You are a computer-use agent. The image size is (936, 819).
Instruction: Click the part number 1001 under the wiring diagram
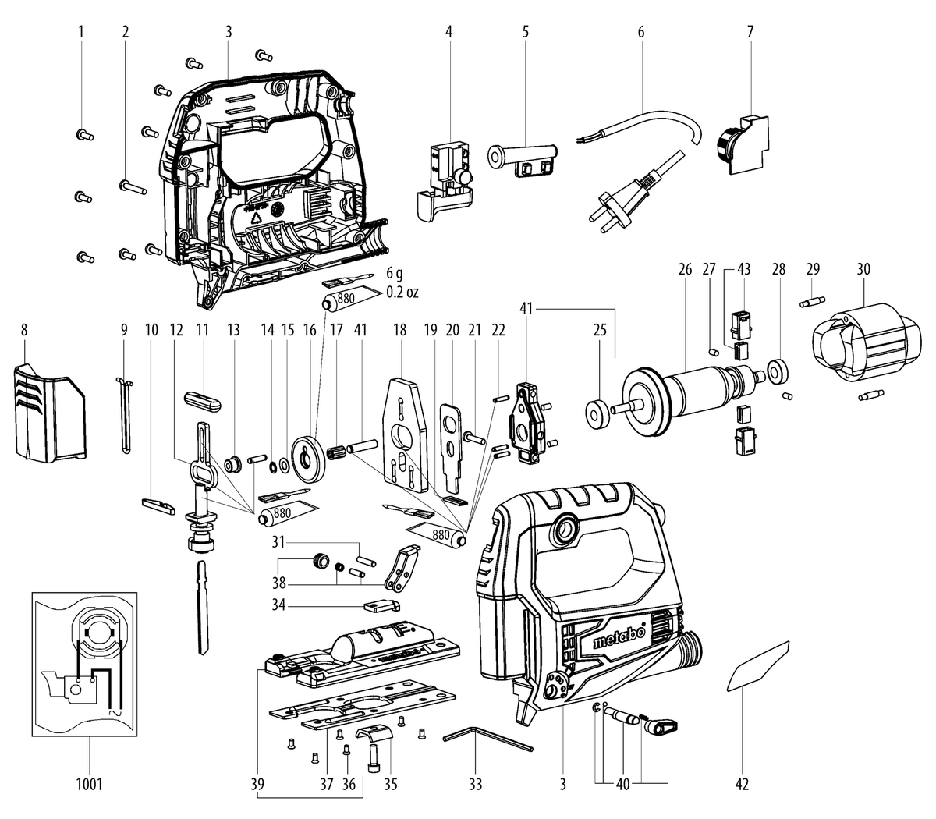pos(89,784)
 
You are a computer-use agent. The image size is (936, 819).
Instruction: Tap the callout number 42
pos(742,784)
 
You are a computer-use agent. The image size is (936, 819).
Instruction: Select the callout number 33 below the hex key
pos(476,784)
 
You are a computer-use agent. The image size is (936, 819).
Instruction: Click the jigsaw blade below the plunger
pos(203,608)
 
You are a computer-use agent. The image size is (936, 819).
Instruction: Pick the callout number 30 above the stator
pos(863,269)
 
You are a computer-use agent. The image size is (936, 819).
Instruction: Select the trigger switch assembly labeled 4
pos(445,181)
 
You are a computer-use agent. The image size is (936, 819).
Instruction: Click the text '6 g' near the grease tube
pos(395,274)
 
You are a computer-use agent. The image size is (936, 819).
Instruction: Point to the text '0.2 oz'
pos(402,292)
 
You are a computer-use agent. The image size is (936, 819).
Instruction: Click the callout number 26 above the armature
pos(685,269)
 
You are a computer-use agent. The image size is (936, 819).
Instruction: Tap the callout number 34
pos(278,604)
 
